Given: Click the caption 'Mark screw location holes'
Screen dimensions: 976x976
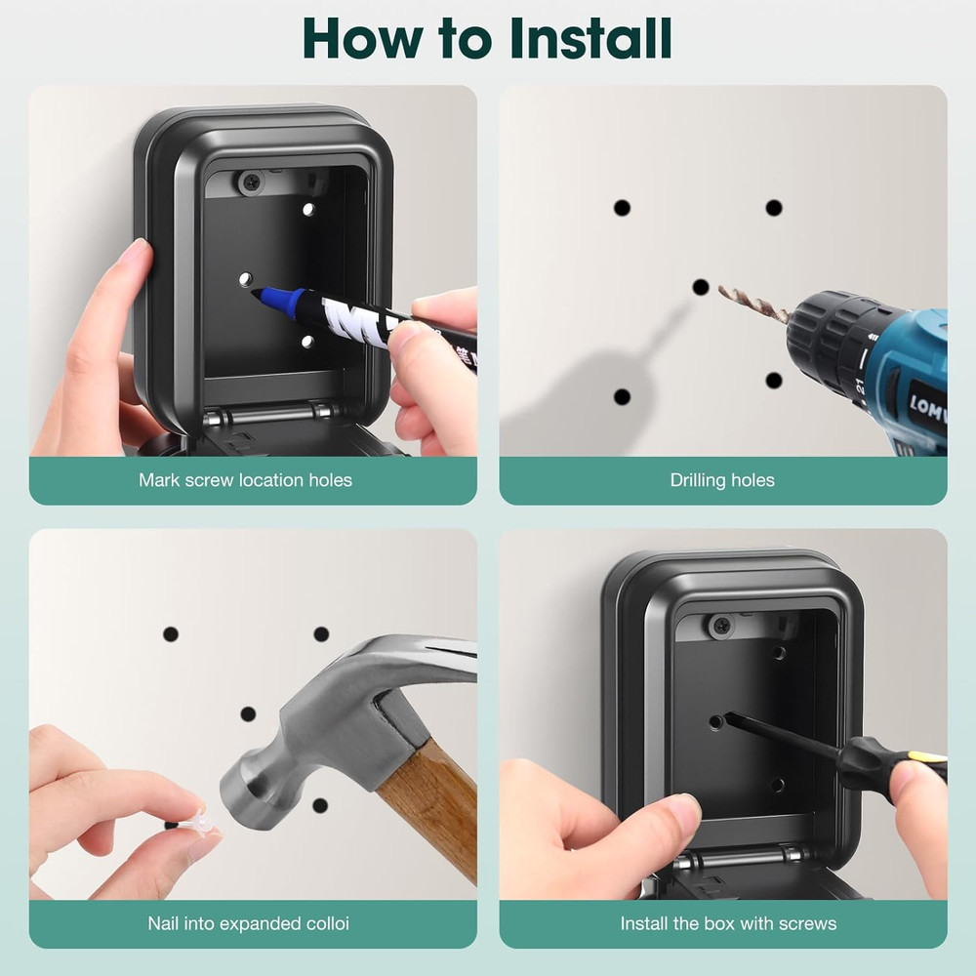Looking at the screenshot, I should pos(245,479).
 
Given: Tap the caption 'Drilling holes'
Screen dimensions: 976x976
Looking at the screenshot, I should pos(722,479).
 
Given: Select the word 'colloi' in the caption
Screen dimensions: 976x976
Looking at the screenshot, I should pos(325,922).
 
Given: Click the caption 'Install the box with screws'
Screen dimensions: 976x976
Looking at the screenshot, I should pos(728,922).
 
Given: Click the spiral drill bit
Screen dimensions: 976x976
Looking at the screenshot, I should pos(752,303).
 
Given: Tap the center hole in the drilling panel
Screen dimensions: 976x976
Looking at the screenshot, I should pos(701,287).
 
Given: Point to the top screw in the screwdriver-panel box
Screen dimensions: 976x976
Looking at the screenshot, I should pos(721,626).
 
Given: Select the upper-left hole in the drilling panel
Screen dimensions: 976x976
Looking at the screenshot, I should pos(622,207).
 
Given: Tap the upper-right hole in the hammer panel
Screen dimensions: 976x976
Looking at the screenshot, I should pos(321,633).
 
